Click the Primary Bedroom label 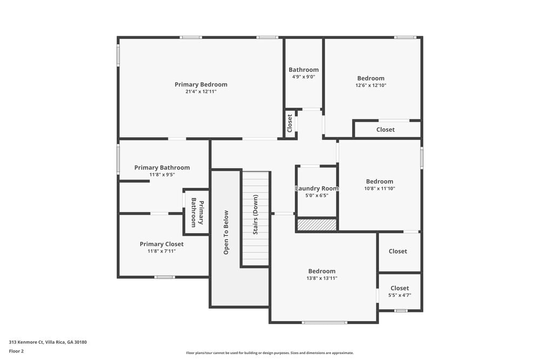(x=201, y=84)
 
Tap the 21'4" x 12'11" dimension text (x=201, y=92)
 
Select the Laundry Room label (x=317, y=188)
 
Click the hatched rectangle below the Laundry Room (x=317, y=225)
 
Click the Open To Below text (x=226, y=232)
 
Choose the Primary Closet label (x=161, y=244)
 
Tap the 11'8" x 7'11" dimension (x=161, y=251)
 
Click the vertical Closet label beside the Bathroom (x=290, y=123)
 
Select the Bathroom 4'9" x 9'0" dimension (x=303, y=77)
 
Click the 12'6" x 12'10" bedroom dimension (x=371, y=85)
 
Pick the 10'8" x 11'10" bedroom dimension (x=380, y=188)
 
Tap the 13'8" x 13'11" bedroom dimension (x=322, y=279)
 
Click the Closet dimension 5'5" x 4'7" (x=400, y=295)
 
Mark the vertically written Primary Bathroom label (x=198, y=212)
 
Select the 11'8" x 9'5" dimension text (x=162, y=175)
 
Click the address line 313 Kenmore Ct (x=48, y=342)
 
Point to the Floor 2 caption (x=16, y=351)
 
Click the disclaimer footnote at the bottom (x=270, y=353)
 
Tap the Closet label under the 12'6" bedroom (x=386, y=130)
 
